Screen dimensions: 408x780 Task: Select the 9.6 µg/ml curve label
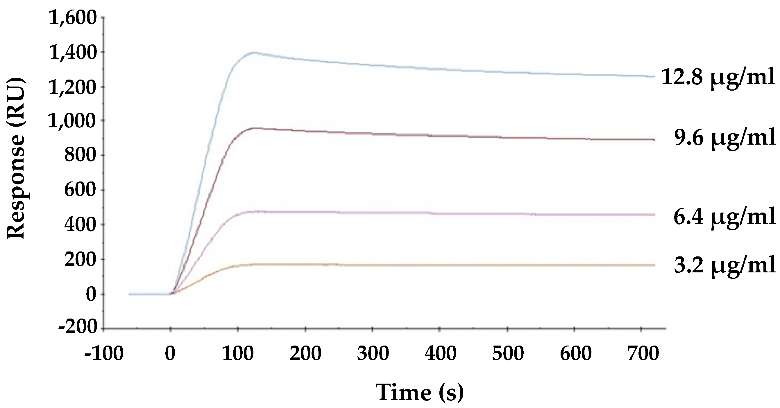point(725,138)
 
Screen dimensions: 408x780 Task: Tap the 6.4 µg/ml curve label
point(724,217)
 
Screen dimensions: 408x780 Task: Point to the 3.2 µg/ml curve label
point(725,265)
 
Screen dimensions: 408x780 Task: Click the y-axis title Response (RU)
point(16,158)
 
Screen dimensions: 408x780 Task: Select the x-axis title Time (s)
point(420,392)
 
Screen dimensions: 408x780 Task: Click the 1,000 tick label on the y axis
point(73,121)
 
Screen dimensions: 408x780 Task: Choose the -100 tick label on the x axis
point(104,353)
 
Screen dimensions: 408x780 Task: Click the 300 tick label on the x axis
point(373,353)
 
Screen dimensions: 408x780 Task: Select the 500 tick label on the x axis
point(508,353)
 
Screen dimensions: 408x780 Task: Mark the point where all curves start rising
point(171,294)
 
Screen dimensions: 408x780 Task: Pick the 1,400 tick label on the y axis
point(73,53)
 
